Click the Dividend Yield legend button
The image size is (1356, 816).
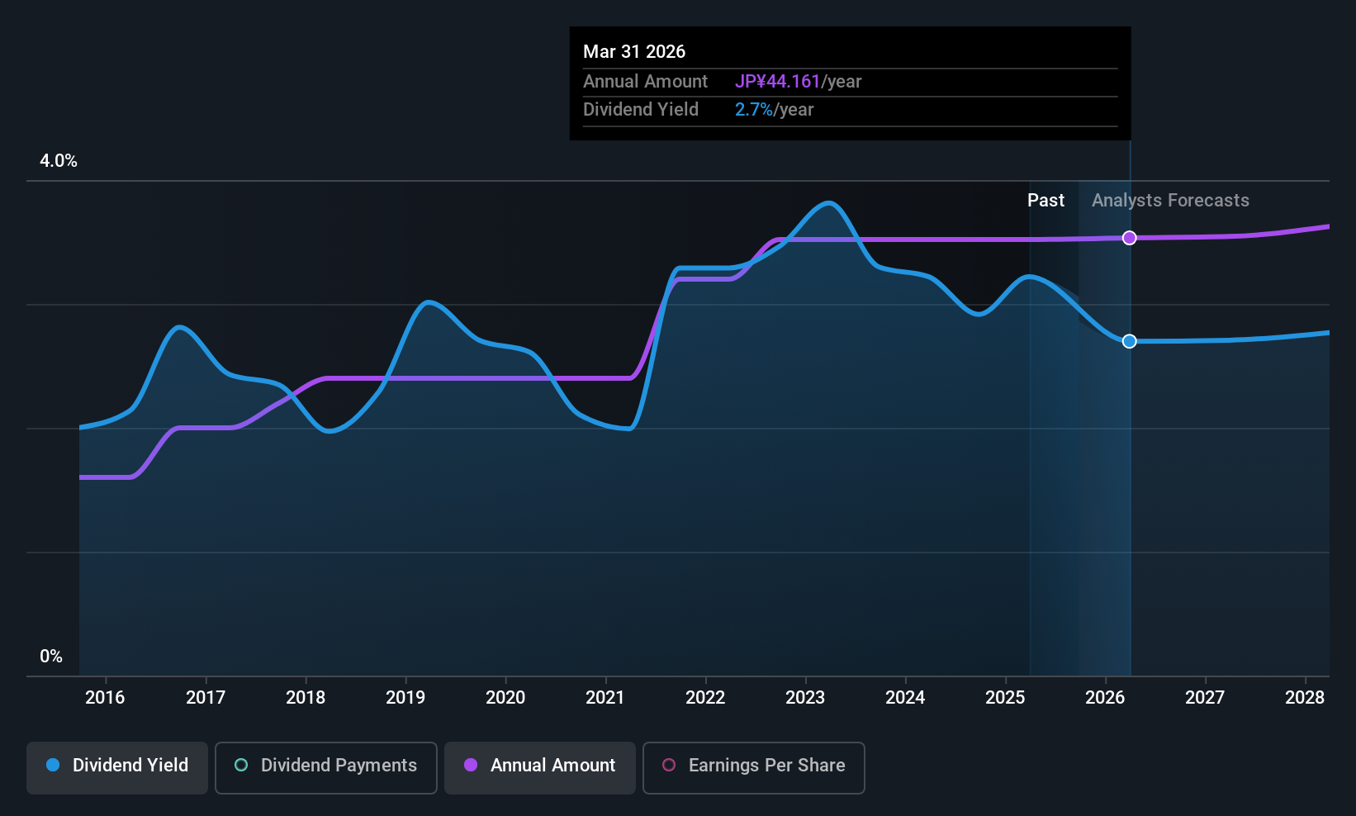(x=117, y=766)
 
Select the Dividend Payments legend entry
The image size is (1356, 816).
(x=326, y=766)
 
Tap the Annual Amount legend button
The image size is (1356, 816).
(x=540, y=766)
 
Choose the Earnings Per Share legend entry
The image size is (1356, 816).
(x=753, y=766)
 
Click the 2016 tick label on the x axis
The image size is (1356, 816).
(x=105, y=698)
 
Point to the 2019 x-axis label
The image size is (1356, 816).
(x=405, y=698)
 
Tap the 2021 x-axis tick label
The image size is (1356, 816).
(x=605, y=698)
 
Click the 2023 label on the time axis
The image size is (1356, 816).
(x=805, y=698)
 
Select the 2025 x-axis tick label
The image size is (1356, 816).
(x=1005, y=698)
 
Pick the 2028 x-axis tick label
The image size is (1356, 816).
(x=1305, y=698)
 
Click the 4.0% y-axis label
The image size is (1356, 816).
(x=59, y=161)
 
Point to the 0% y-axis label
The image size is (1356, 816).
(x=51, y=657)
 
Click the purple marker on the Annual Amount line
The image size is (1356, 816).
(x=1130, y=238)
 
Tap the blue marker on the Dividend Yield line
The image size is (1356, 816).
(x=1130, y=341)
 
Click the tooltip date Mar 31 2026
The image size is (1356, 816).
(x=634, y=52)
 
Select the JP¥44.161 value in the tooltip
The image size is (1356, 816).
(x=777, y=82)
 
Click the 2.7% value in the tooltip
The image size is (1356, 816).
(x=754, y=110)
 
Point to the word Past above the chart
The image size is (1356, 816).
(x=1045, y=201)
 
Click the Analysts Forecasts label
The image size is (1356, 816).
(x=1170, y=201)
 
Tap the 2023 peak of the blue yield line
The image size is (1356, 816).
(x=828, y=203)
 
